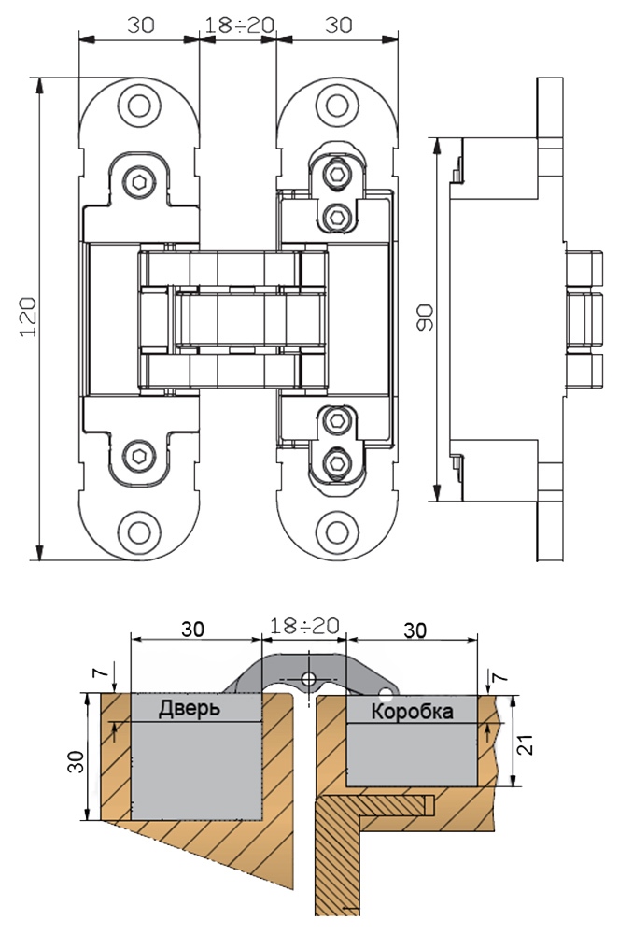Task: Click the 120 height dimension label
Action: pos(28,317)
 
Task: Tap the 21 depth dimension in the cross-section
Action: pos(524,743)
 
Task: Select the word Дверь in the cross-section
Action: pos(190,708)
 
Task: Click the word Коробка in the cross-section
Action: pos(412,711)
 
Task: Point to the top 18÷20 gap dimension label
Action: pos(239,24)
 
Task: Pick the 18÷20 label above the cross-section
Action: pos(304,626)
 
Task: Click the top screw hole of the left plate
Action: pos(139,106)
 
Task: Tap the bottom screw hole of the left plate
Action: pos(139,531)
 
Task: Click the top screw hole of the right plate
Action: pos(336,106)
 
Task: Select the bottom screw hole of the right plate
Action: pos(336,531)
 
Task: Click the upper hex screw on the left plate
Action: pos(139,181)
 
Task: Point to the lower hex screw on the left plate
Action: pos(139,457)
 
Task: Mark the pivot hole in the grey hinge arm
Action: pos(308,678)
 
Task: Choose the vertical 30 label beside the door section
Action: pos(76,760)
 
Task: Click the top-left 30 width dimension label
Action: pos(141,24)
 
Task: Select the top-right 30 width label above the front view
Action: pos(339,24)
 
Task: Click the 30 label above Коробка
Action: pos(415,630)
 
